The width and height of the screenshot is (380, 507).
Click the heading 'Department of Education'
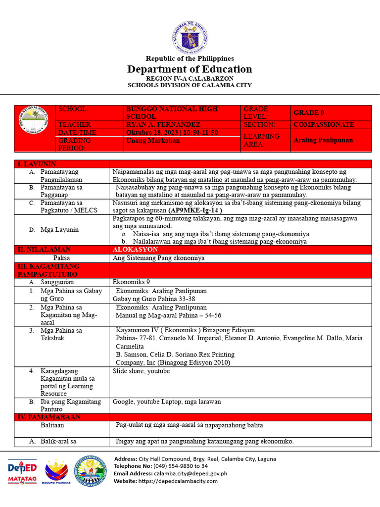point(190,69)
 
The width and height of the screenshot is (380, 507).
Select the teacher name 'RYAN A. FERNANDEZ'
point(163,125)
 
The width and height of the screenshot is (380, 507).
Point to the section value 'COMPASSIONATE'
point(324,125)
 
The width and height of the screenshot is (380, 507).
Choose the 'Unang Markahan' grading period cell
point(153,141)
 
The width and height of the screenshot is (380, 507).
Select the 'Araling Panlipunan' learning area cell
point(323,140)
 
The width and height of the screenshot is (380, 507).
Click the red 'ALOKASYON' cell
point(135,250)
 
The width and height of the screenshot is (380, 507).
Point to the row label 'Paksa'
point(61,258)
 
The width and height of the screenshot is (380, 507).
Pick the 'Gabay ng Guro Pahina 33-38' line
point(154,299)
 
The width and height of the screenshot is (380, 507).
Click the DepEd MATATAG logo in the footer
point(22,472)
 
